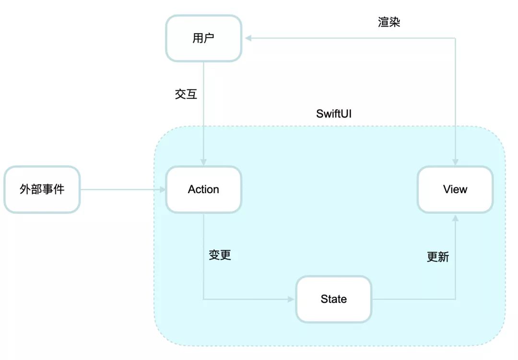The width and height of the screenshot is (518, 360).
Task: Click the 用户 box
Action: pyautogui.click(x=203, y=38)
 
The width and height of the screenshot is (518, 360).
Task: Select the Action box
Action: pyautogui.click(x=203, y=189)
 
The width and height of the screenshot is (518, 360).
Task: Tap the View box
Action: pyautogui.click(x=455, y=189)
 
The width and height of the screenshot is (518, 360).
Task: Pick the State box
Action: pyautogui.click(x=334, y=299)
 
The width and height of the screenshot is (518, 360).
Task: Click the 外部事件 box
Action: pyautogui.click(x=42, y=189)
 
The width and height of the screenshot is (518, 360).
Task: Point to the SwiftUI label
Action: pyautogui.click(x=334, y=114)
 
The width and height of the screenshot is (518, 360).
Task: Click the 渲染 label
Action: pyautogui.click(x=389, y=22)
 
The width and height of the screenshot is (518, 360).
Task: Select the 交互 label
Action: pyautogui.click(x=186, y=94)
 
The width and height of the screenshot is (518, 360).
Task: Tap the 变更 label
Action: pyautogui.click(x=220, y=255)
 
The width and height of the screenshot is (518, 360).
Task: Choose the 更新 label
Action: pyautogui.click(x=438, y=256)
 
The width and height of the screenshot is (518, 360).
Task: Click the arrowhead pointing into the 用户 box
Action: pyautogui.click(x=248, y=38)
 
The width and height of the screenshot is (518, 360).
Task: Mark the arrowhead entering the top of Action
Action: pyautogui.click(x=203, y=162)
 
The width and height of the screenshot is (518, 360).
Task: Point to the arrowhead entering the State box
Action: pyautogui.click(x=291, y=299)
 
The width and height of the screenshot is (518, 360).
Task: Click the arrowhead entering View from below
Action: pyautogui.click(x=455, y=218)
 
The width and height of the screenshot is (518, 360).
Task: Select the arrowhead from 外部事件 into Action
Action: pyautogui.click(x=162, y=189)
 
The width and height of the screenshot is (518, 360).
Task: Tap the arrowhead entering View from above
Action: pyautogui.click(x=455, y=162)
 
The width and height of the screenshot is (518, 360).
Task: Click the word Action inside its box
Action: pyautogui.click(x=203, y=189)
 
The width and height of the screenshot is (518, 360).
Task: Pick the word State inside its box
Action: pyautogui.click(x=334, y=299)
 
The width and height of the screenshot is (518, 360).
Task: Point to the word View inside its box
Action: pyautogui.click(x=455, y=189)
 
